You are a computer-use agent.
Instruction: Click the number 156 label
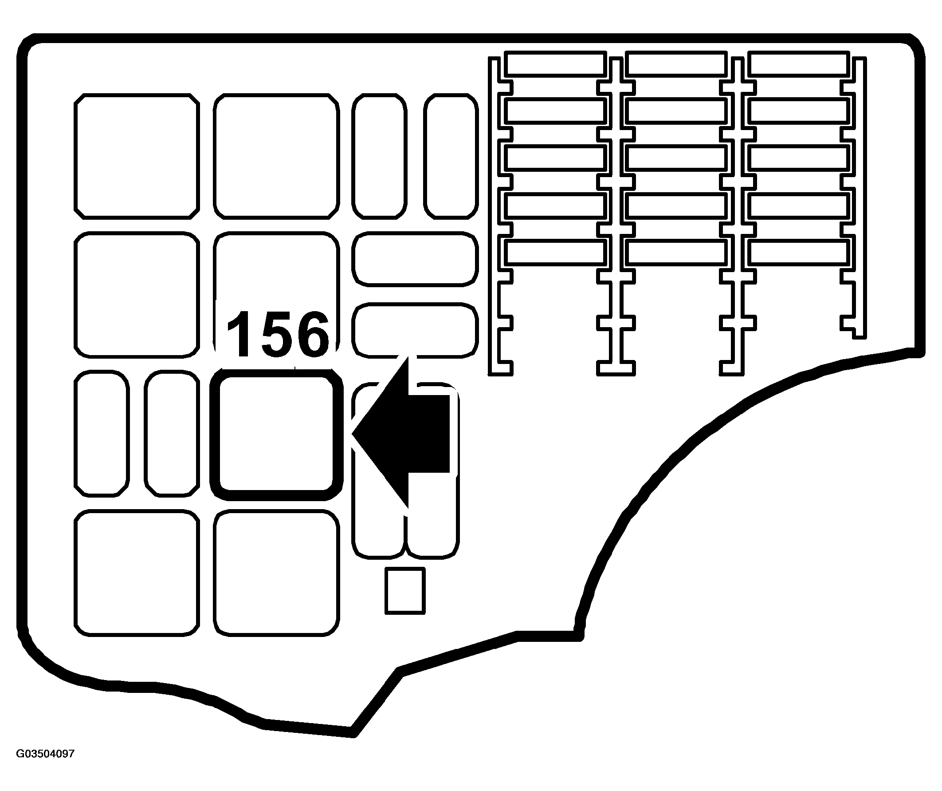pos(278,334)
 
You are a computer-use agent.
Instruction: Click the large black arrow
pos(404,434)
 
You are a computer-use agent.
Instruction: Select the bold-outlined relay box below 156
pos(276,434)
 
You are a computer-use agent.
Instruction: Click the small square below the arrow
pos(404,590)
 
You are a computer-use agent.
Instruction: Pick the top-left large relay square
pos(137,156)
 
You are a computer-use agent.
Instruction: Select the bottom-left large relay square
pos(137,573)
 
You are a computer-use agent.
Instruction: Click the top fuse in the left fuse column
pos(555,63)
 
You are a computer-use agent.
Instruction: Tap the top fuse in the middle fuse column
pos(676,63)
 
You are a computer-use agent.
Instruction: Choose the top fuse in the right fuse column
pos(798,63)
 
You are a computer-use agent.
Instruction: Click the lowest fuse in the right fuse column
pos(798,252)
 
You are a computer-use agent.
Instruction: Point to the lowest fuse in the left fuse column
pos(555,252)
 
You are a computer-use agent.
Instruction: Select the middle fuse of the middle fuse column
pos(676,158)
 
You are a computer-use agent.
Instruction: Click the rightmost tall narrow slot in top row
pos(451,156)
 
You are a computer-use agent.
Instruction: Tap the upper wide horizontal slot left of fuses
pos(415,259)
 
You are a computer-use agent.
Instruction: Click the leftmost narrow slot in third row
pos(102,434)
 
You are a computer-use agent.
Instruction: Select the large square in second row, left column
pos(137,295)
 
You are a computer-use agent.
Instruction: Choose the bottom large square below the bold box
pos(276,573)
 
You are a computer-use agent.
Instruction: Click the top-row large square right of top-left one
pos(276,156)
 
